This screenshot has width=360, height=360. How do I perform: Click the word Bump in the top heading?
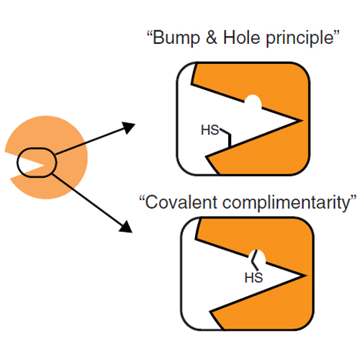176,38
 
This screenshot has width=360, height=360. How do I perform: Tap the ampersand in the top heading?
212,37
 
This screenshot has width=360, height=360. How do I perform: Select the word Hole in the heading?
242,37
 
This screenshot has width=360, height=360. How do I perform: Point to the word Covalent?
181,202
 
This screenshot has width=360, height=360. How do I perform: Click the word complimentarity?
286,204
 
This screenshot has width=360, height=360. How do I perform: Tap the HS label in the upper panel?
210,130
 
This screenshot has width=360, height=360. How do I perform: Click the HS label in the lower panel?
253,278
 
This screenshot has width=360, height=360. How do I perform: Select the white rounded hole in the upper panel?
253,102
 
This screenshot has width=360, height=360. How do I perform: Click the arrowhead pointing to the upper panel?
128,127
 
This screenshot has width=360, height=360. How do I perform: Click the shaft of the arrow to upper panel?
89,142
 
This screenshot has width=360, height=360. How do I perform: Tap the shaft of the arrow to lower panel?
86,199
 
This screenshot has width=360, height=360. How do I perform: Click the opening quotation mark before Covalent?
142,198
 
